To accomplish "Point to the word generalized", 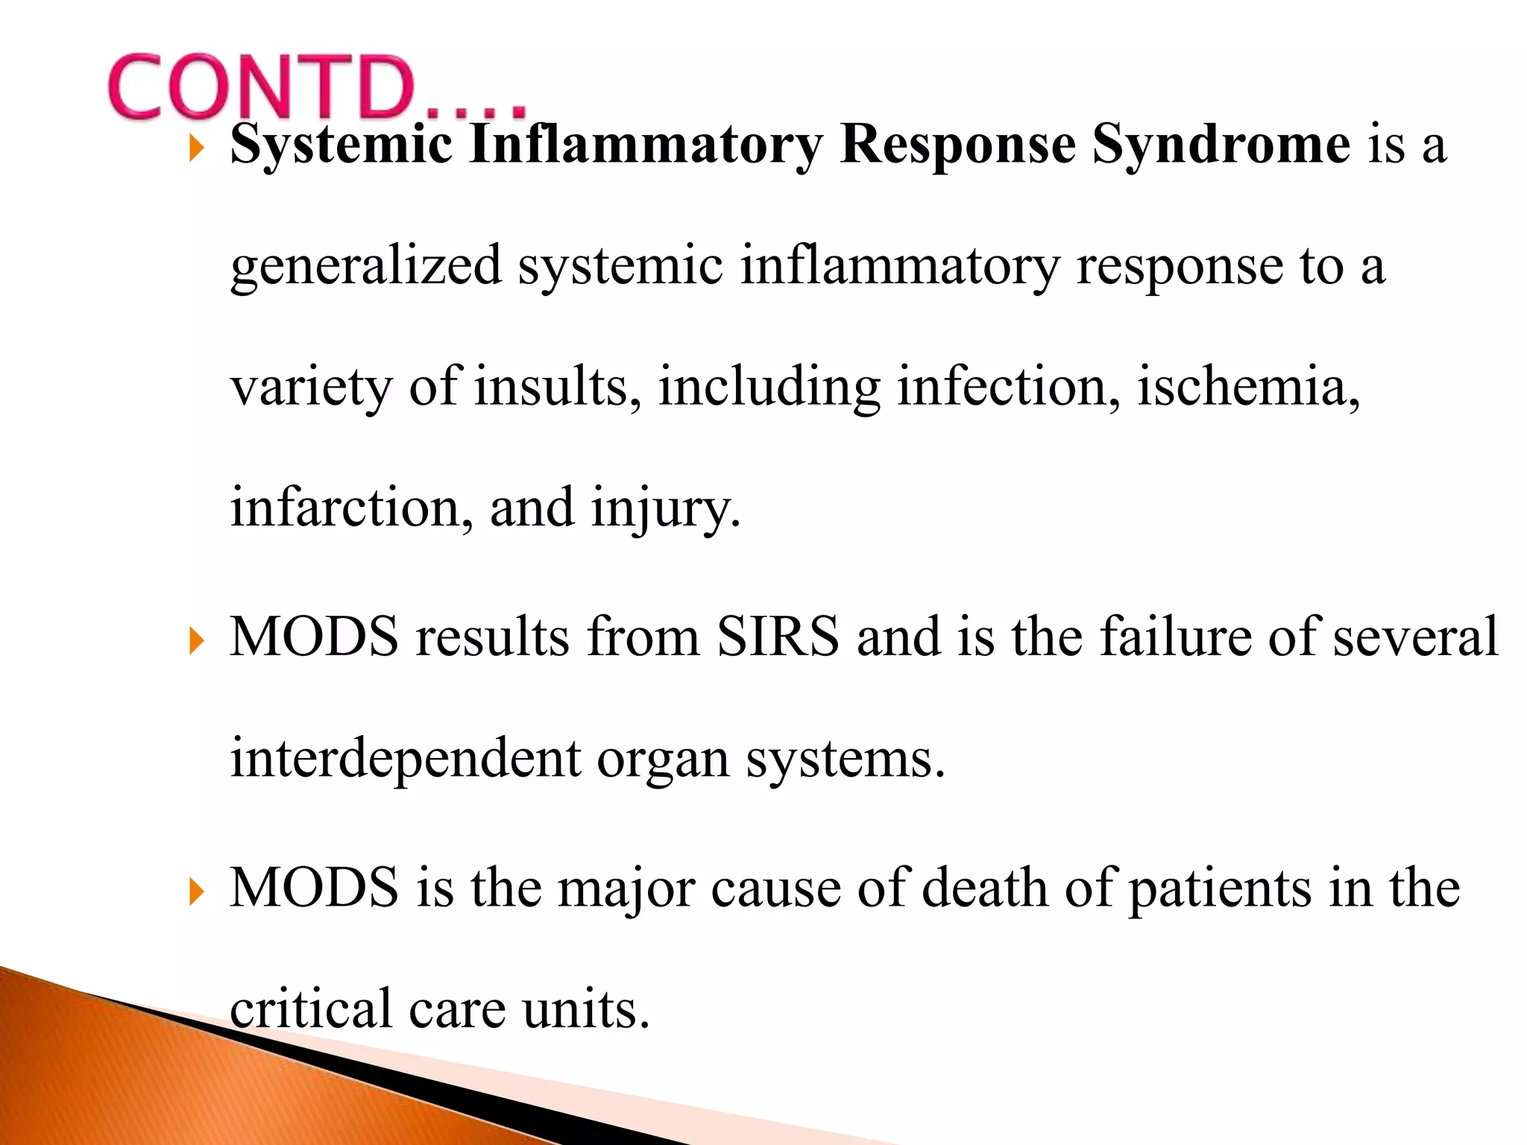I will coord(366,267).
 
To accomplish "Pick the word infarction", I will coord(351,508).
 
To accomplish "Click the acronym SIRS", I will coord(778,637).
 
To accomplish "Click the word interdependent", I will coord(406,759).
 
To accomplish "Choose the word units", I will coord(586,1009).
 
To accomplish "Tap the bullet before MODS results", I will coord(196,640).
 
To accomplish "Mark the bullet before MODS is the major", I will coord(196,891).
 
